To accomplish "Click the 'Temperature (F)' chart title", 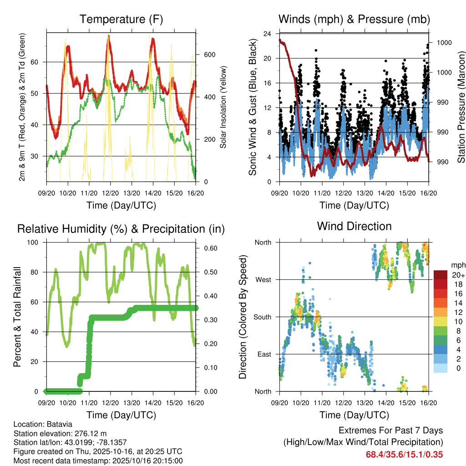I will pyautogui.click(x=121, y=20).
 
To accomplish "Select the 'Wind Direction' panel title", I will pyautogui.click(x=354, y=226).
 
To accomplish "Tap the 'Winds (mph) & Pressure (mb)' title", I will pyautogui.click(x=354, y=20).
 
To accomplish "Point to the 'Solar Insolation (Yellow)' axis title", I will pyautogui.click(x=223, y=107).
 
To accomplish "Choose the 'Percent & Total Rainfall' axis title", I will pyautogui.click(x=17, y=317).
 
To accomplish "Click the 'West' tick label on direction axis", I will pyautogui.click(x=263, y=279).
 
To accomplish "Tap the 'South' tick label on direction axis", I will pyautogui.click(x=262, y=317).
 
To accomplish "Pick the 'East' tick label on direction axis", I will pyautogui.click(x=263, y=354).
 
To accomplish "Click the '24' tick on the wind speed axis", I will pyautogui.click(x=267, y=34).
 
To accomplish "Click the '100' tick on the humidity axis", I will pyautogui.click(x=34, y=243).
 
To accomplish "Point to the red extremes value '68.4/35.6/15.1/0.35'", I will pyautogui.click(x=404, y=455).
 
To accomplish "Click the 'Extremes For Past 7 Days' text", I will pyautogui.click(x=390, y=431).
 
